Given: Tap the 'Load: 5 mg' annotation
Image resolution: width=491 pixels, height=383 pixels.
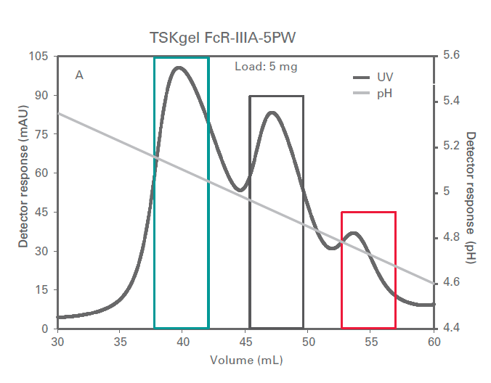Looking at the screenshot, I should (266, 67).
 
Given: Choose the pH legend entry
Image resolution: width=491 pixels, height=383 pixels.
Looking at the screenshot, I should (385, 94).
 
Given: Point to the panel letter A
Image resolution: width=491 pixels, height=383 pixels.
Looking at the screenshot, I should (79, 75).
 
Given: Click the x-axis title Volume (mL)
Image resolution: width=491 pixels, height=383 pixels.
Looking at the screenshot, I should (246, 361).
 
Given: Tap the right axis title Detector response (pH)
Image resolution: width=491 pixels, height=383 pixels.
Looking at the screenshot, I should (471, 197).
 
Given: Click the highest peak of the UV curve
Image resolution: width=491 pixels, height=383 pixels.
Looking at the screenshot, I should (178, 67).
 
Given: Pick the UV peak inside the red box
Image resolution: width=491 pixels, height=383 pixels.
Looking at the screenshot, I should (354, 233).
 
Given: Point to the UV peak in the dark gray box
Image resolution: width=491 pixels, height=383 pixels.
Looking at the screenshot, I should (272, 112).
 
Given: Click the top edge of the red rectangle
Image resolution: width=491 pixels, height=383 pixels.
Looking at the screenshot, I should (369, 212).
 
